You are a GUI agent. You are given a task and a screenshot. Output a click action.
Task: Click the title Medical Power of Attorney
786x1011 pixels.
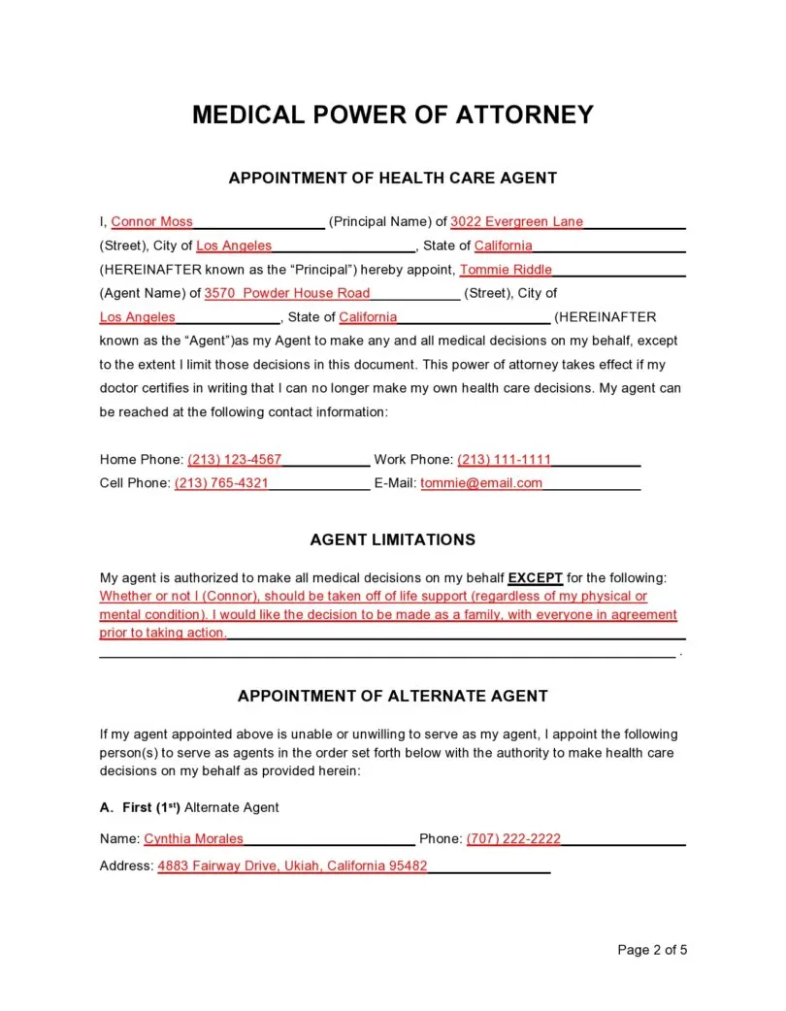pos(392,114)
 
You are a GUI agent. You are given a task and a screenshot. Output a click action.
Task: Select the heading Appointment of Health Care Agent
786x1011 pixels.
pos(392,178)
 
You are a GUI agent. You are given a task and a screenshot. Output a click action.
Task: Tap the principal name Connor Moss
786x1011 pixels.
pos(152,221)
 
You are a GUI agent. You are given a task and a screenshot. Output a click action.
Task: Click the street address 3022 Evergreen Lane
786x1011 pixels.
pos(516,221)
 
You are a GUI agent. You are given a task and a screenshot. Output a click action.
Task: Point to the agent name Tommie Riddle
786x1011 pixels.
pos(506,270)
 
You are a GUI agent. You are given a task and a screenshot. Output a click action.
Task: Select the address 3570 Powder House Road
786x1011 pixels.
pos(287,293)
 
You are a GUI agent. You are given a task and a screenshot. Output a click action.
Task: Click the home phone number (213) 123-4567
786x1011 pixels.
pos(234,459)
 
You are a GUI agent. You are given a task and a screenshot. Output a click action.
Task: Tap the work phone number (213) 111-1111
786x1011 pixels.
pos(504,459)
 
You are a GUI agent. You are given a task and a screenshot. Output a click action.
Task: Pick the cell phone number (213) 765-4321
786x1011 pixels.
pos(221,482)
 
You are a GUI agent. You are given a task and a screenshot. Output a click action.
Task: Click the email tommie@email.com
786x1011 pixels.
pos(481,482)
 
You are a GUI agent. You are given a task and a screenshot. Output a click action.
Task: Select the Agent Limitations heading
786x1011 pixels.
pos(392,539)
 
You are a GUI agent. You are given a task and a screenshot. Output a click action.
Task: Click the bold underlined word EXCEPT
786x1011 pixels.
pos(536,577)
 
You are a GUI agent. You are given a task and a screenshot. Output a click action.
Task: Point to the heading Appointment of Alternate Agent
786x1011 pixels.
pos(392,696)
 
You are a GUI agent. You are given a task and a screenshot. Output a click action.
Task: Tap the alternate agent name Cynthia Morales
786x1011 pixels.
pos(194,838)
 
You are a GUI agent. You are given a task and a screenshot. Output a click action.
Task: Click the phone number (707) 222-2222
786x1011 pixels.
pos(513,838)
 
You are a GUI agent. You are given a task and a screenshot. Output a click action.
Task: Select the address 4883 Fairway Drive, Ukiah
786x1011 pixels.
pos(292,866)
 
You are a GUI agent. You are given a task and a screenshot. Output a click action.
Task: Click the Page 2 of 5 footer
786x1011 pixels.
pos(652,950)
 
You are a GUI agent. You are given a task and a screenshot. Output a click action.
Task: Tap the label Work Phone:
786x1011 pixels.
pos(413,459)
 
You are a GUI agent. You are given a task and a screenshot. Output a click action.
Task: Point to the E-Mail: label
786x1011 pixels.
pos(395,482)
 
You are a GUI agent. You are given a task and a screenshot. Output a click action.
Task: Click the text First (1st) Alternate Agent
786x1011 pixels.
pos(200,807)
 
